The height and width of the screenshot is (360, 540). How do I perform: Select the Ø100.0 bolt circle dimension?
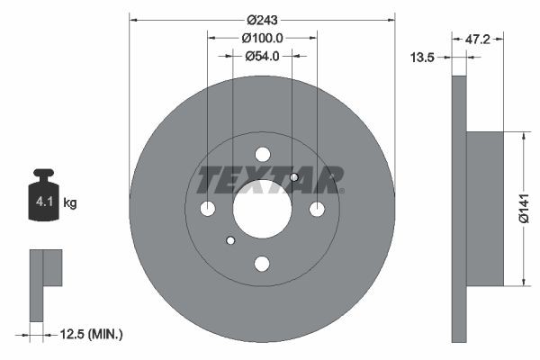(263, 38)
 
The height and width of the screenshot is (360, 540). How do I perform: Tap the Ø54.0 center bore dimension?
(263, 56)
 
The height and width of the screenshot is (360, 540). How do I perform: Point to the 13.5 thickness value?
(423, 57)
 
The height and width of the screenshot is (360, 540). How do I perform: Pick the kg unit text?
(70, 203)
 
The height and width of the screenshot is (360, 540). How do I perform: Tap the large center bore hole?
(262, 209)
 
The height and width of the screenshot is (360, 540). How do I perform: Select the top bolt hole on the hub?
(262, 154)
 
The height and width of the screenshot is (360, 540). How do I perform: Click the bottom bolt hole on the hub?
(262, 264)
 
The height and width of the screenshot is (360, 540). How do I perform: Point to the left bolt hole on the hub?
(207, 209)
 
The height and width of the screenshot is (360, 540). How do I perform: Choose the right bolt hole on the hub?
(317, 209)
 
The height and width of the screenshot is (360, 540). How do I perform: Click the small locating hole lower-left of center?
(230, 240)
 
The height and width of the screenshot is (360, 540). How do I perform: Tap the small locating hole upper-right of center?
(293, 177)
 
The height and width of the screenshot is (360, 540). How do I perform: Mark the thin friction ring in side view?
(460, 209)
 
